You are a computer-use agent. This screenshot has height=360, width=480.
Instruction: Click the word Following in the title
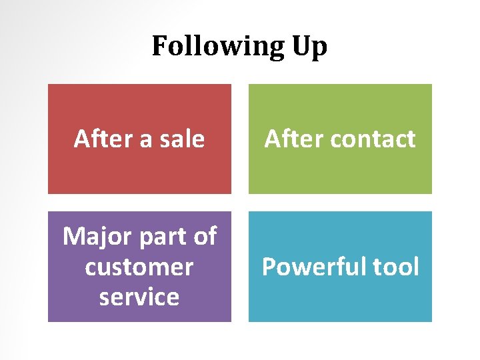(217, 47)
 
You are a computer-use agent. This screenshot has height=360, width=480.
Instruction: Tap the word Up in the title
(309, 47)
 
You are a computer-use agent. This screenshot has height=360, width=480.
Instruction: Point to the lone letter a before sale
(139, 139)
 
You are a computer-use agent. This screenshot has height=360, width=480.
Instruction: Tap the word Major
(94, 236)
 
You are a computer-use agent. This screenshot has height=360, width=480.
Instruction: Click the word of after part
(205, 236)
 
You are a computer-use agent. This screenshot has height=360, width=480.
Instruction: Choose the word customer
(139, 267)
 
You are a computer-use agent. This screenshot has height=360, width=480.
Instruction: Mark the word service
(139, 297)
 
